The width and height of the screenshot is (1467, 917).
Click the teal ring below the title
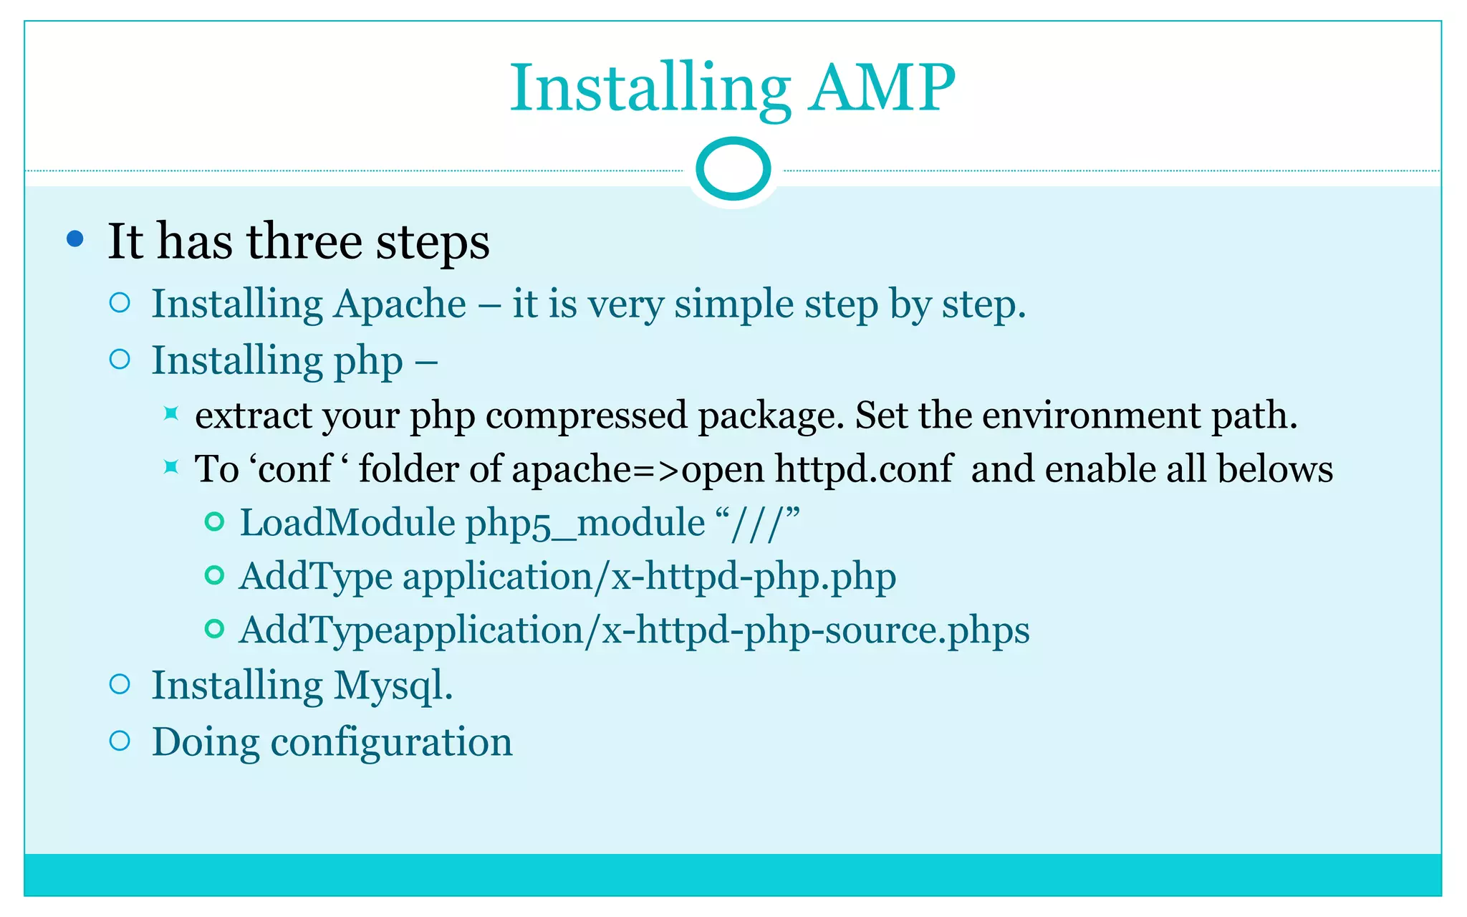[x=733, y=169]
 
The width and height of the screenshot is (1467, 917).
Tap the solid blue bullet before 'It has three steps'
[x=74, y=239]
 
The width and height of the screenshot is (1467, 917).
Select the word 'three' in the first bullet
[x=304, y=241]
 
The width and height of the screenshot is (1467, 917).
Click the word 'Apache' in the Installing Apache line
[x=400, y=304]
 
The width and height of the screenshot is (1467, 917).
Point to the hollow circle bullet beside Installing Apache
[x=120, y=303]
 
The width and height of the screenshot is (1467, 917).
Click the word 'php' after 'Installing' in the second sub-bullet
[x=368, y=362]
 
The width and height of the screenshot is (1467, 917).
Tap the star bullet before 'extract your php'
[x=170, y=413]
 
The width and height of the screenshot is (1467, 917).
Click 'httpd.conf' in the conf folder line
[x=864, y=469]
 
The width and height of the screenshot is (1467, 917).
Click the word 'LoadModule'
[x=347, y=522]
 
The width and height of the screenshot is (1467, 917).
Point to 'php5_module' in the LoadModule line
[x=585, y=524]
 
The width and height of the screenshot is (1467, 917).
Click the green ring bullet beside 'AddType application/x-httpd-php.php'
[x=214, y=575]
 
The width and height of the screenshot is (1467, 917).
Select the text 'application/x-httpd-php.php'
[x=649, y=577]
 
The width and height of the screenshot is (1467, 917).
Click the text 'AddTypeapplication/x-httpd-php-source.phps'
[x=634, y=630]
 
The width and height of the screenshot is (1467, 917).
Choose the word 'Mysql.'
[x=393, y=686]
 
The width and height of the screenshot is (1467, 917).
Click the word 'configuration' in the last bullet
[x=391, y=742]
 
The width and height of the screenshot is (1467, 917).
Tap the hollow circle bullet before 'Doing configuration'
[x=120, y=741]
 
